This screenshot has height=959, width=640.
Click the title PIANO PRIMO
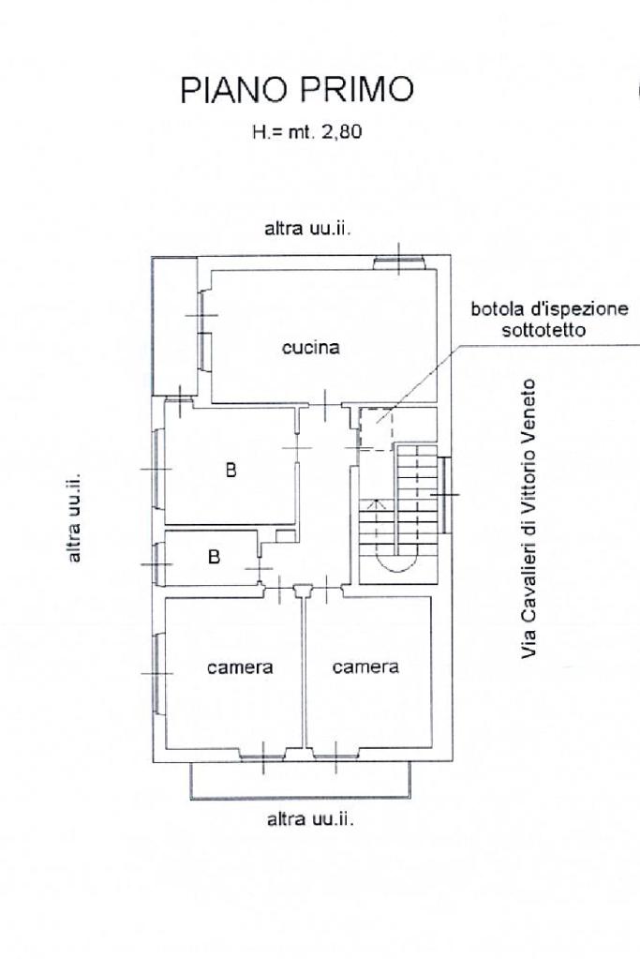click(x=297, y=89)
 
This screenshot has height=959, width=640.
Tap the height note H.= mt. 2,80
click(x=306, y=131)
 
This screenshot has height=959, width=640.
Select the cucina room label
click(x=310, y=348)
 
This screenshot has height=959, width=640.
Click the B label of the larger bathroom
click(x=231, y=470)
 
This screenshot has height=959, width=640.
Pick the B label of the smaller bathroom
click(x=214, y=557)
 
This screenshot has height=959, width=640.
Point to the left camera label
click(x=240, y=667)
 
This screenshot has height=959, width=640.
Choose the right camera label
click(x=365, y=667)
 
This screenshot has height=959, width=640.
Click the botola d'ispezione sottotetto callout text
click(x=549, y=320)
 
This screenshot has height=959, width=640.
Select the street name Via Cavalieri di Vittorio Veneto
click(x=528, y=518)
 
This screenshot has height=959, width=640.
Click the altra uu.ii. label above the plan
click(x=307, y=229)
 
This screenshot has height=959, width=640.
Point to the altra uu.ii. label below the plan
click(x=310, y=819)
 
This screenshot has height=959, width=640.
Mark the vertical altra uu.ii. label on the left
click(x=74, y=518)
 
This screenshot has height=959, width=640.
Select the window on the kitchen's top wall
click(x=399, y=263)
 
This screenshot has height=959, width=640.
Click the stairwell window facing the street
click(x=444, y=494)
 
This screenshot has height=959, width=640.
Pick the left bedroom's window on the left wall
click(x=158, y=673)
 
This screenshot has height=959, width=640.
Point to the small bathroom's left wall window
click(x=158, y=563)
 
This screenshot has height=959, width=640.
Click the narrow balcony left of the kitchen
click(x=175, y=326)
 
